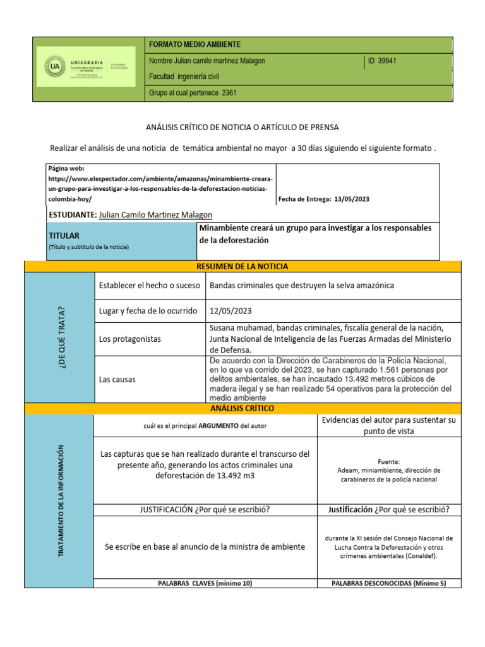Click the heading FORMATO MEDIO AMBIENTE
194,44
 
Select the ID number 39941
386,61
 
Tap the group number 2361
229,93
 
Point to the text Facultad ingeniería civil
184,76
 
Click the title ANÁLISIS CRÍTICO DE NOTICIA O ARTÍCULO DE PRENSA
242,127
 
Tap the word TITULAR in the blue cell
63,235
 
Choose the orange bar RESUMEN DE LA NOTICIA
242,267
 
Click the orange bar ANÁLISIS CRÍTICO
242,408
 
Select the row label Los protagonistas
129,339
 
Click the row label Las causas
117,379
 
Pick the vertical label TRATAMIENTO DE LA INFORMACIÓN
61,500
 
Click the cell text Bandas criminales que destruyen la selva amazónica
301,286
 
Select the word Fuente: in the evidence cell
389,462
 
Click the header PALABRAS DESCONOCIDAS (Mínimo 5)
389,583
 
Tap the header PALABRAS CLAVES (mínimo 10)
205,583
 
